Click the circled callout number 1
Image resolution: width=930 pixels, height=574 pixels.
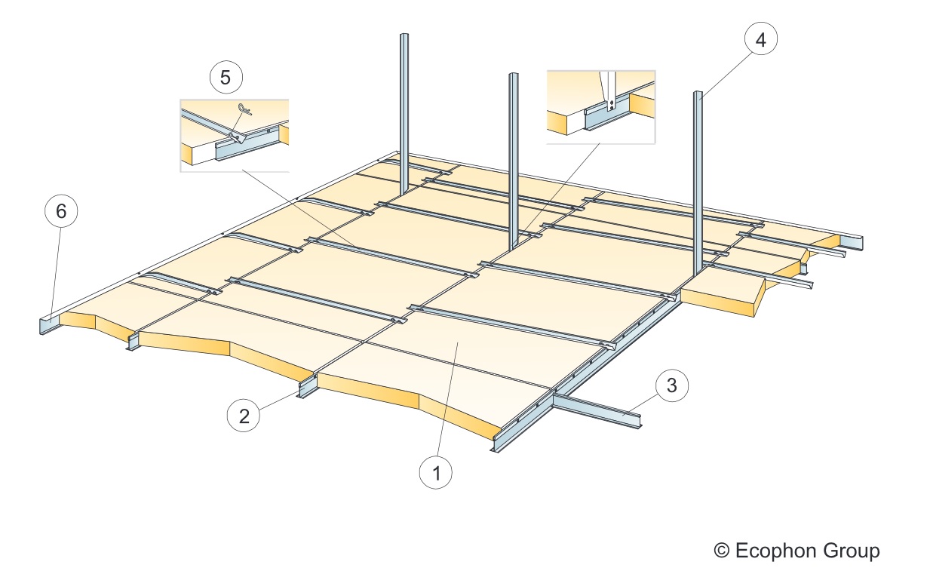[x=436, y=472]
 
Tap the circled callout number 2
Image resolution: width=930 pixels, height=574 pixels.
[x=244, y=416]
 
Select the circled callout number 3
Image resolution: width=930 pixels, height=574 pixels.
[x=672, y=385]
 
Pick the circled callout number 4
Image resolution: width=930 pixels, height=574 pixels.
[x=760, y=39]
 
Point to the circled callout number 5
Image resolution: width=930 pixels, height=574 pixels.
[x=226, y=77]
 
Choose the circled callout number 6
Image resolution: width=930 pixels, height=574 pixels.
[x=61, y=211]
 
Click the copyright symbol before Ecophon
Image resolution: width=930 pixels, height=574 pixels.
[x=722, y=551]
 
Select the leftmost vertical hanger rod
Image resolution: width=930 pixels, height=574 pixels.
[x=404, y=113]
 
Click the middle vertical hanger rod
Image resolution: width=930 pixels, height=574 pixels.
[x=514, y=162]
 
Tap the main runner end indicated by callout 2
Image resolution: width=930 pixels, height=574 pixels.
[x=306, y=386]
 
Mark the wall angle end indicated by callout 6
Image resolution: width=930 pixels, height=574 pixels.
[x=50, y=325]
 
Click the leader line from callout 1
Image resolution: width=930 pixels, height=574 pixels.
[x=447, y=399]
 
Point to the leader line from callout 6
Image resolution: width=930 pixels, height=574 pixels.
[x=57, y=273]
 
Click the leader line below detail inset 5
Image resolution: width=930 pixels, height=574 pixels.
[x=297, y=207]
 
